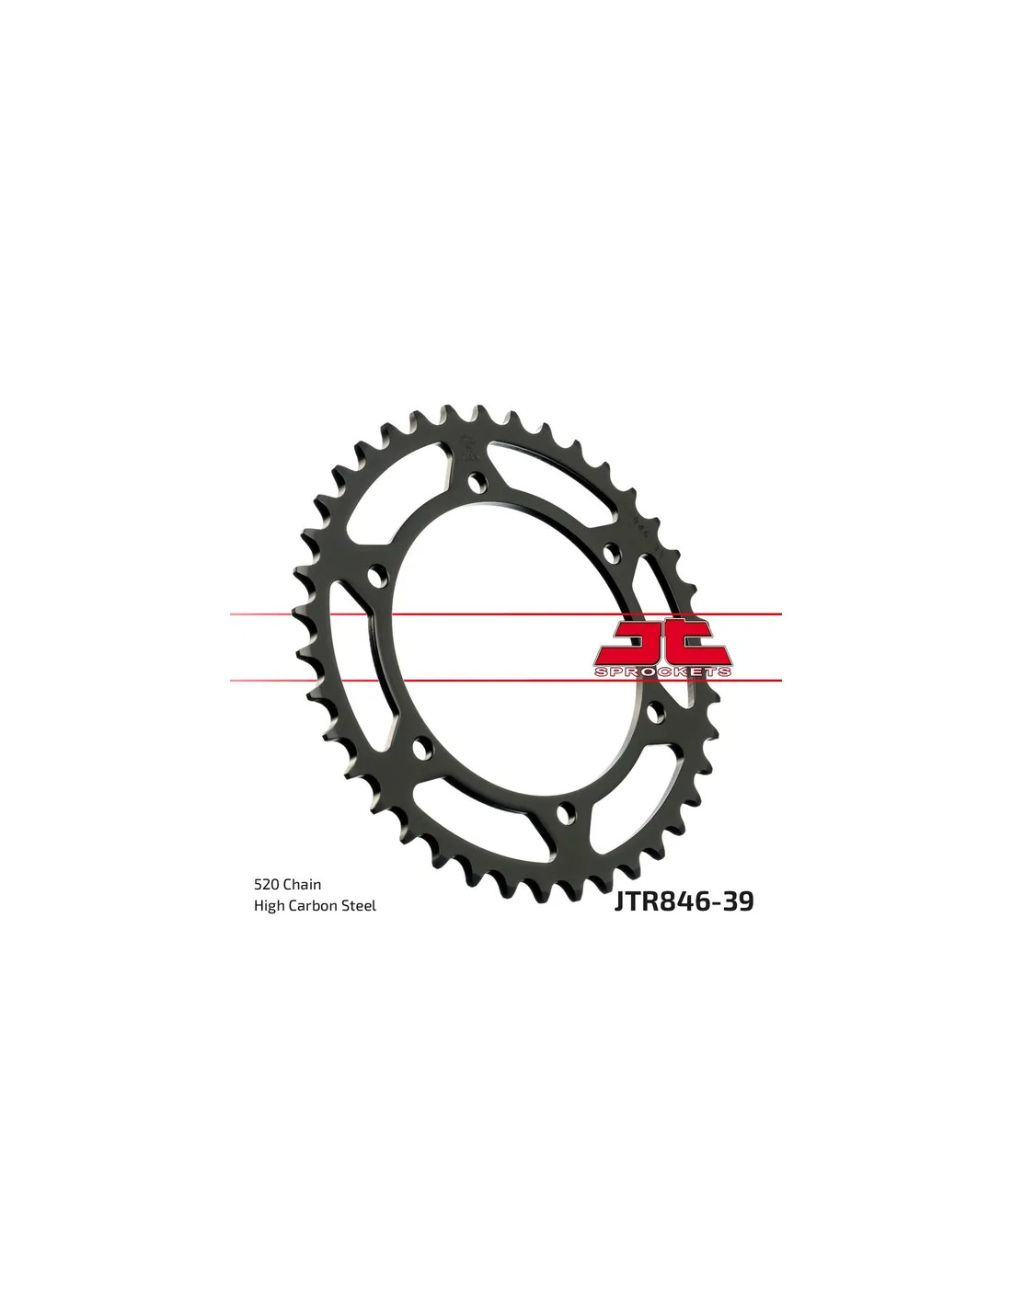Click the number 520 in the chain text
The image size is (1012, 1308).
[x=266, y=884]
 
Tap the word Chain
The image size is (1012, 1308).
[x=302, y=884]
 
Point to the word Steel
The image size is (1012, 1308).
[x=360, y=906]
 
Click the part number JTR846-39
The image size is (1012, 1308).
[x=684, y=901]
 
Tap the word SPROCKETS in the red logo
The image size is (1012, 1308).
[x=662, y=671]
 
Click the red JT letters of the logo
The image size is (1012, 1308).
[x=662, y=644]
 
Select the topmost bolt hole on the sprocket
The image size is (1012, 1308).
[x=477, y=482]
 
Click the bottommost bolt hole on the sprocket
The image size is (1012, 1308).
[x=563, y=813]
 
